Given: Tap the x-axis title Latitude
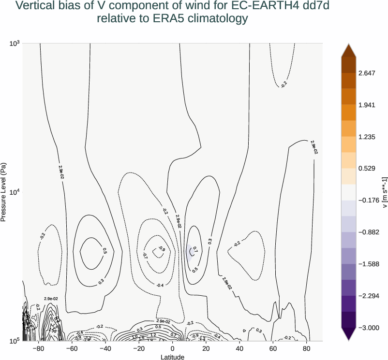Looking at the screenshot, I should (x=173, y=357).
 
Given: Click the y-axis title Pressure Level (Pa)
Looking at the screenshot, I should (x=4, y=192).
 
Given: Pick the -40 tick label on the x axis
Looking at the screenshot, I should (x=105, y=348).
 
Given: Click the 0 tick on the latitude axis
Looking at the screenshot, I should (x=173, y=348).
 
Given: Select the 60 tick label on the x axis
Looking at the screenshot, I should (x=273, y=348).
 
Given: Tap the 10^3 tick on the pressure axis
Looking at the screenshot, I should (x=15, y=43).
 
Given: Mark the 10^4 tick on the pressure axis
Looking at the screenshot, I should (x=15, y=192).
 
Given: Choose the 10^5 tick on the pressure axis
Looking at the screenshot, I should (x=15, y=341).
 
